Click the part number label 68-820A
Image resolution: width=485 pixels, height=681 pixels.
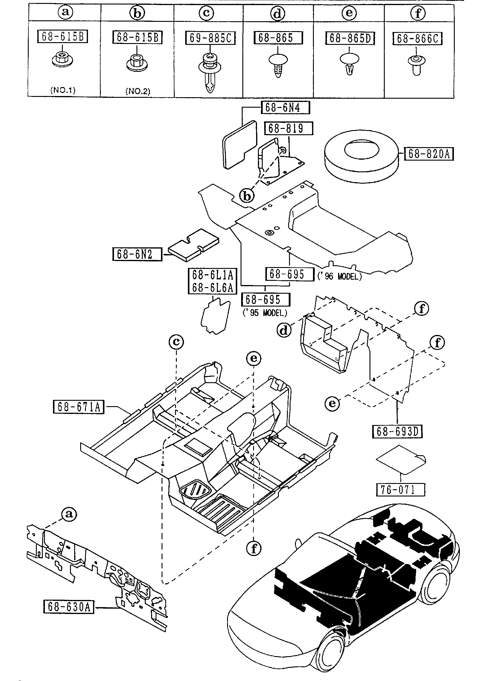point(429,154)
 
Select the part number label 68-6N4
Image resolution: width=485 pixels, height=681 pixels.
point(285,108)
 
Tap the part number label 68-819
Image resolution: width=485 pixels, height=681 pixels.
point(288,128)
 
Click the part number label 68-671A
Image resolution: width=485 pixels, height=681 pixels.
point(79,407)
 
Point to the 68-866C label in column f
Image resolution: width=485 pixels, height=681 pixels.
point(417,38)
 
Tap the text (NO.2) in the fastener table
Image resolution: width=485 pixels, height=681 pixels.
point(138,91)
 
